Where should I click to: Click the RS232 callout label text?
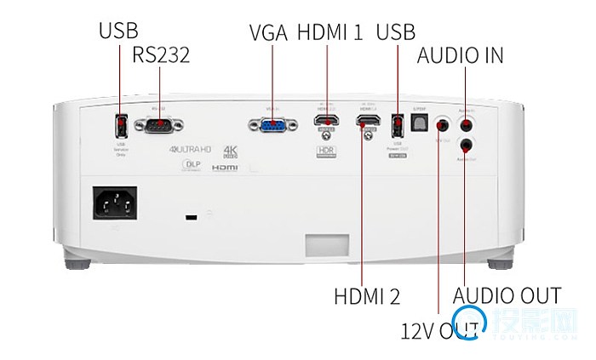pos(161,55)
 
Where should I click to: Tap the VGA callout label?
pos(268,33)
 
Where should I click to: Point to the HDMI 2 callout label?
pos(367,296)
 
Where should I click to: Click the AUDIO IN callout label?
pos(460,55)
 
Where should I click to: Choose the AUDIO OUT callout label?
pos(507,296)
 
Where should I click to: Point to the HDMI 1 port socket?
pos(326,124)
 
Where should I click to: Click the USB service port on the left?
pos(121,126)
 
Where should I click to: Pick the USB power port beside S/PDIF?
pos(396,125)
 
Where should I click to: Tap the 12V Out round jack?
pos(442,124)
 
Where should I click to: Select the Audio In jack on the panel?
pos(465,123)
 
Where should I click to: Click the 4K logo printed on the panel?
pos(230,151)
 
